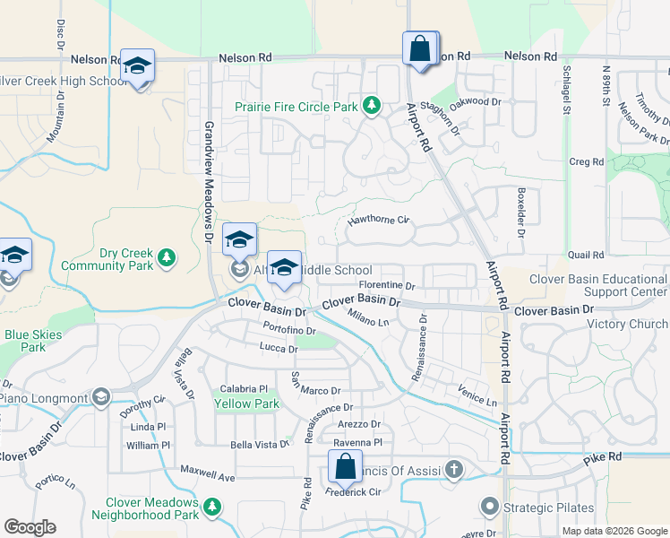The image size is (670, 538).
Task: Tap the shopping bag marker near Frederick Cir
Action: [x=345, y=467]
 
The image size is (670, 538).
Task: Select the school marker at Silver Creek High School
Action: [x=137, y=66]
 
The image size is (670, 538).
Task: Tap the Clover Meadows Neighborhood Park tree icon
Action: [x=212, y=508]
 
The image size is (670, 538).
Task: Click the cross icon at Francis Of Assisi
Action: [x=455, y=468]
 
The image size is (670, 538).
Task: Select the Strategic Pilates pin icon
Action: [x=489, y=508]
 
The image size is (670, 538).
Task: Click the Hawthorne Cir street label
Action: [x=378, y=220]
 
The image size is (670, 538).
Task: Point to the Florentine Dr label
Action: [x=387, y=286]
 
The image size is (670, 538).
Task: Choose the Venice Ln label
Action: [x=477, y=395]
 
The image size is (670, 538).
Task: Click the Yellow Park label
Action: [x=246, y=403]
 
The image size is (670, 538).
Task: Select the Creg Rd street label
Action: [x=587, y=161]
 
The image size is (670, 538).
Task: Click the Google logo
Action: [x=30, y=527]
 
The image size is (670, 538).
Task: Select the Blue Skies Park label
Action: [x=25, y=341]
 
